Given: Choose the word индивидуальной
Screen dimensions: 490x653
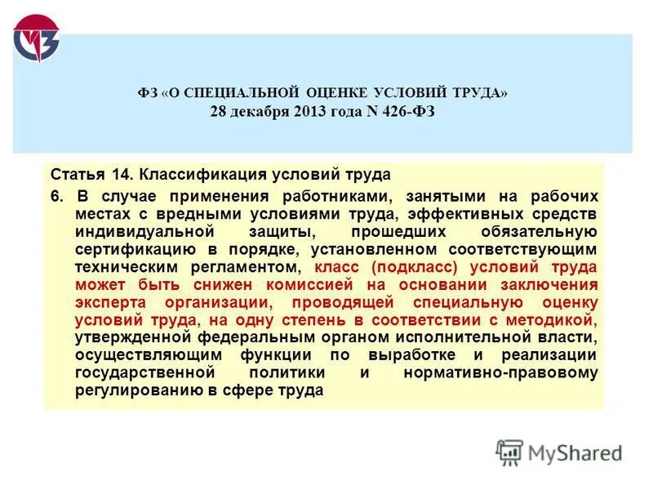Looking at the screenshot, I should coord(140,231).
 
